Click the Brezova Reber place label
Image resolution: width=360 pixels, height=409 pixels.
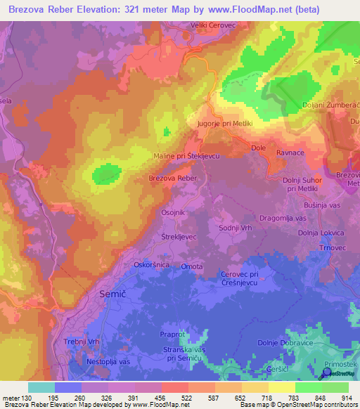pos(172,179)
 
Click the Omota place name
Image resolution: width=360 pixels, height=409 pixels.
pos(192,266)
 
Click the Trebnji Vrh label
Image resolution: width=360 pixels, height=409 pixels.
pos(84,341)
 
